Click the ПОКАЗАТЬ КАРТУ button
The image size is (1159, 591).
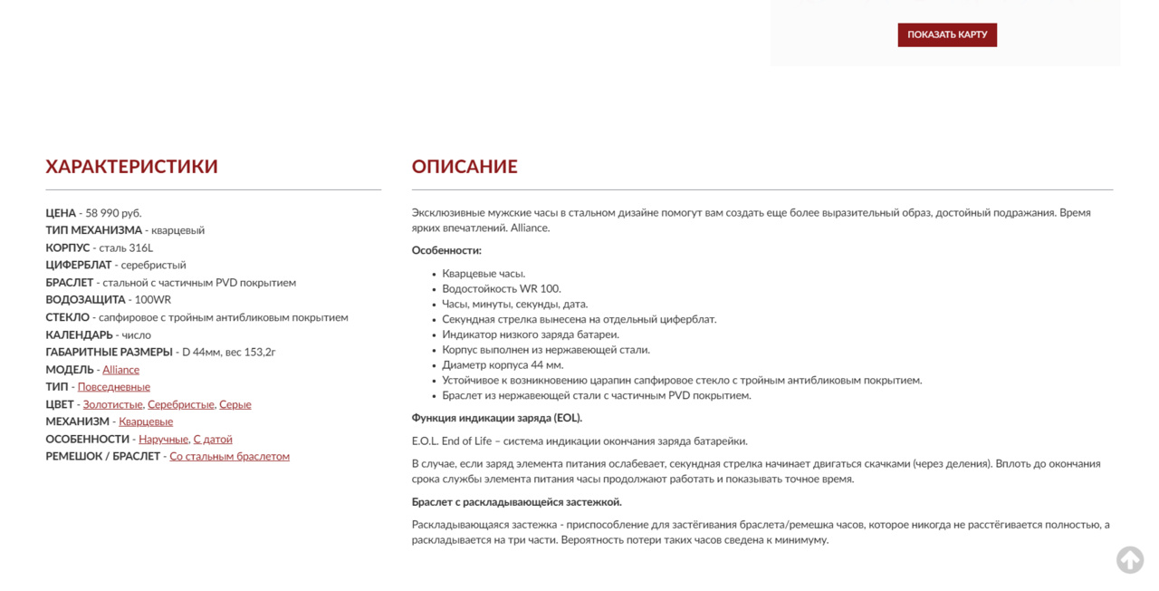tap(947, 34)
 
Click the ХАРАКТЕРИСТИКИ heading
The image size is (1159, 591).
tap(131, 167)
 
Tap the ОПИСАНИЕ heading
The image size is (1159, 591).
tap(465, 167)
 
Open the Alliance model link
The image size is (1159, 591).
tap(120, 370)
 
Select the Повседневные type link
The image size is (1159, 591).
tap(114, 387)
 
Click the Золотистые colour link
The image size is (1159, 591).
tap(112, 404)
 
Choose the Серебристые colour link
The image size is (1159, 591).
tap(181, 404)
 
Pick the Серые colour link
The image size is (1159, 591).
tap(235, 404)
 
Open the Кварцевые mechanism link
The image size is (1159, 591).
tap(146, 421)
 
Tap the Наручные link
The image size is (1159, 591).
tap(163, 439)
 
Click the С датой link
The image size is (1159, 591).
tap(213, 439)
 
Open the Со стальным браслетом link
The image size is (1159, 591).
tap(229, 456)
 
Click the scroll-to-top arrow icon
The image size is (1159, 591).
tap(1129, 560)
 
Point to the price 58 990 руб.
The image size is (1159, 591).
tap(113, 213)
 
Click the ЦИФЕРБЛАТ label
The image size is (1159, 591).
tap(79, 266)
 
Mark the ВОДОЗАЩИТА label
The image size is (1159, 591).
tap(86, 300)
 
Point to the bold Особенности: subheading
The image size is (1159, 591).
tap(446, 250)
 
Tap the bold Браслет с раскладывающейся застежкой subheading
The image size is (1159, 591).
tap(516, 502)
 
